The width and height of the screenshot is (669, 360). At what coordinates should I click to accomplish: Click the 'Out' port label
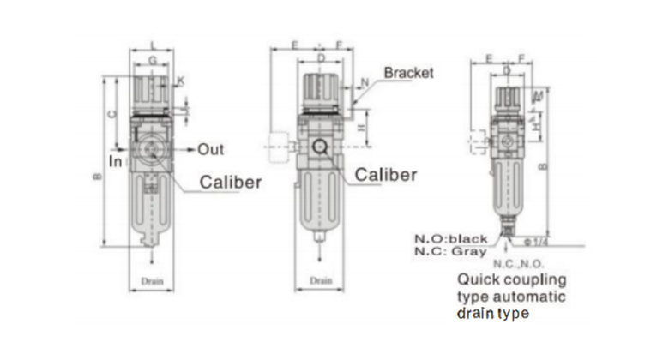[211, 149]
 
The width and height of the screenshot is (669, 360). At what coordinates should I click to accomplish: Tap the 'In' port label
[116, 160]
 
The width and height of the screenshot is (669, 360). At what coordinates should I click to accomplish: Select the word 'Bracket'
[408, 73]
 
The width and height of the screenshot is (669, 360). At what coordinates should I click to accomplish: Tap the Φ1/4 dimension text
[536, 242]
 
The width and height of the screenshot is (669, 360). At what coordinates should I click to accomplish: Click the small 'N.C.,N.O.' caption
[519, 265]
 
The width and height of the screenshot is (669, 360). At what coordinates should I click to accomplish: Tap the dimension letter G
[153, 60]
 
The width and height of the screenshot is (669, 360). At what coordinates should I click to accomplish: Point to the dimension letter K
[181, 81]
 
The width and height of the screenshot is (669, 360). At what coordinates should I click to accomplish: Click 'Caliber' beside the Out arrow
[231, 182]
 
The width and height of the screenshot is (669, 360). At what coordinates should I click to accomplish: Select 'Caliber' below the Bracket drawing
[386, 175]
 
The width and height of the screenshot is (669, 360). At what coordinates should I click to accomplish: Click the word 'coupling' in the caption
[532, 279]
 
